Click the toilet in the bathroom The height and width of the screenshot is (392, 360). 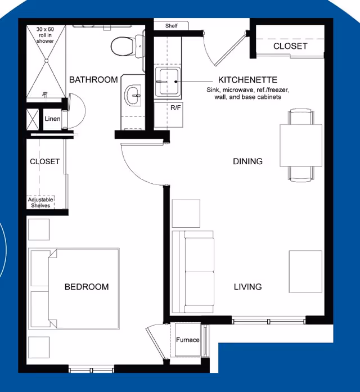pos(127,46)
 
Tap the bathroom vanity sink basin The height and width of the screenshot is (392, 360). pos(133,95)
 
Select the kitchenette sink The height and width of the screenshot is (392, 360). pos(168,82)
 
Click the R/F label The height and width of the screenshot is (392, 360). pos(175,108)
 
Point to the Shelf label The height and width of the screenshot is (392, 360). pos(171,26)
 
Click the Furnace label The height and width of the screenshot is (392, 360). pos(187,340)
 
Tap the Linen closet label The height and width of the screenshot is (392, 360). pos(52,119)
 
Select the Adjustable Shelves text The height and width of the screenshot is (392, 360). pos(40,202)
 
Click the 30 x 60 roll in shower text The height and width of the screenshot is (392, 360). pos(45,35)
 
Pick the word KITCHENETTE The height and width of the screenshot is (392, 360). pos(247,80)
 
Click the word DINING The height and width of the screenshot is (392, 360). pos(247,161)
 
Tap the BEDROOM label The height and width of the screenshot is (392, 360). pos(87,287)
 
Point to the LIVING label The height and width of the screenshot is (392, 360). pos(247,287)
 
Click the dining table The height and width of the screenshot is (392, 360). pos(301,145)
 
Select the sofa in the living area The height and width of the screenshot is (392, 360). pos(193,272)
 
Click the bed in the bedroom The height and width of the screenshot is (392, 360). pos(74,289)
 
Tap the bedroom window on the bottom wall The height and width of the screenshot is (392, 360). pos(91,370)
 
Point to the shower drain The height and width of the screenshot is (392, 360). pos(46,61)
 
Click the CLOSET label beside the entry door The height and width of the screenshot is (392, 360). pos(290,46)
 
